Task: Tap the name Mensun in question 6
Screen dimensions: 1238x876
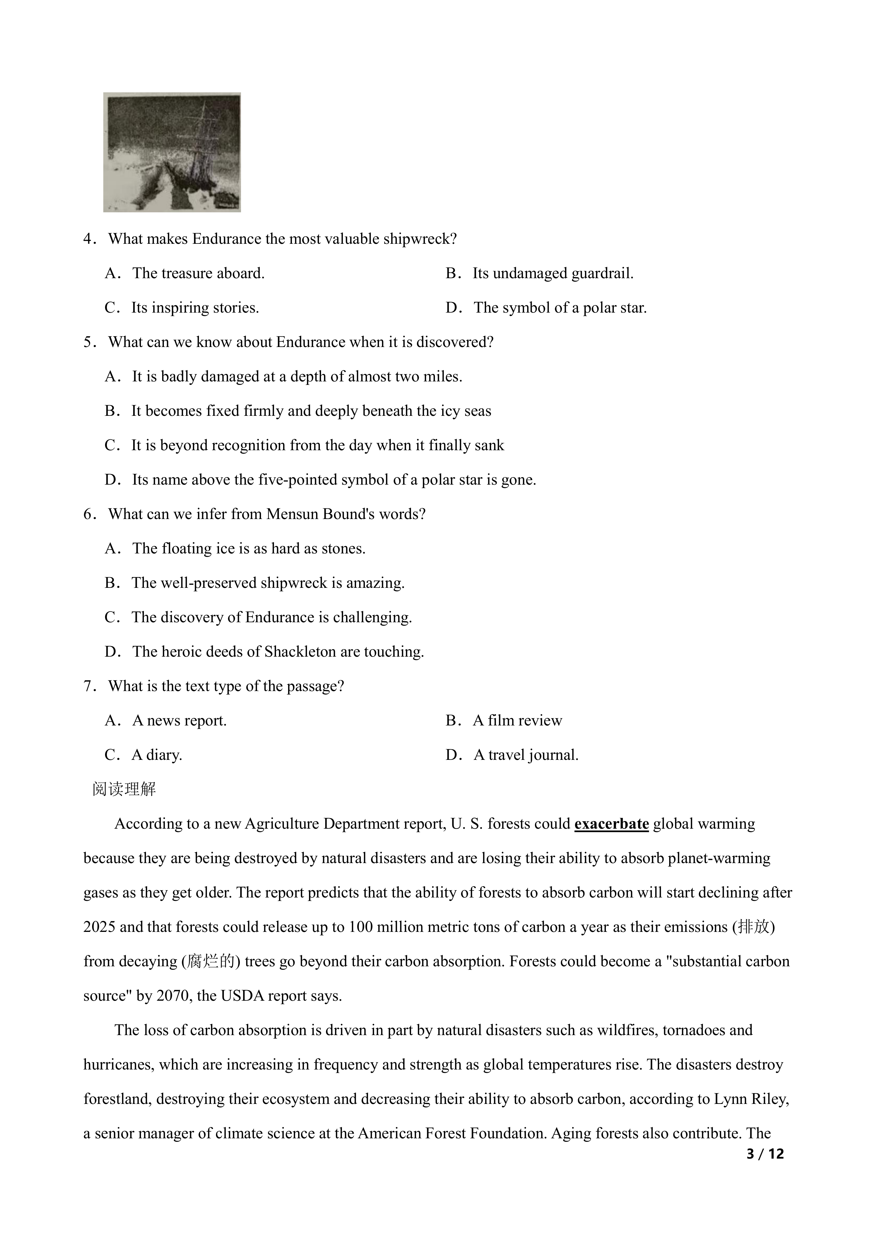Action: coord(292,514)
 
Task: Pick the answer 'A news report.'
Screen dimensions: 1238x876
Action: coord(179,721)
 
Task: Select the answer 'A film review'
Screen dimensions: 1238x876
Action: coord(517,721)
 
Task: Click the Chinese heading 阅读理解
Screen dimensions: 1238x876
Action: coord(124,789)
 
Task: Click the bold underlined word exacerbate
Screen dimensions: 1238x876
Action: coord(611,824)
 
